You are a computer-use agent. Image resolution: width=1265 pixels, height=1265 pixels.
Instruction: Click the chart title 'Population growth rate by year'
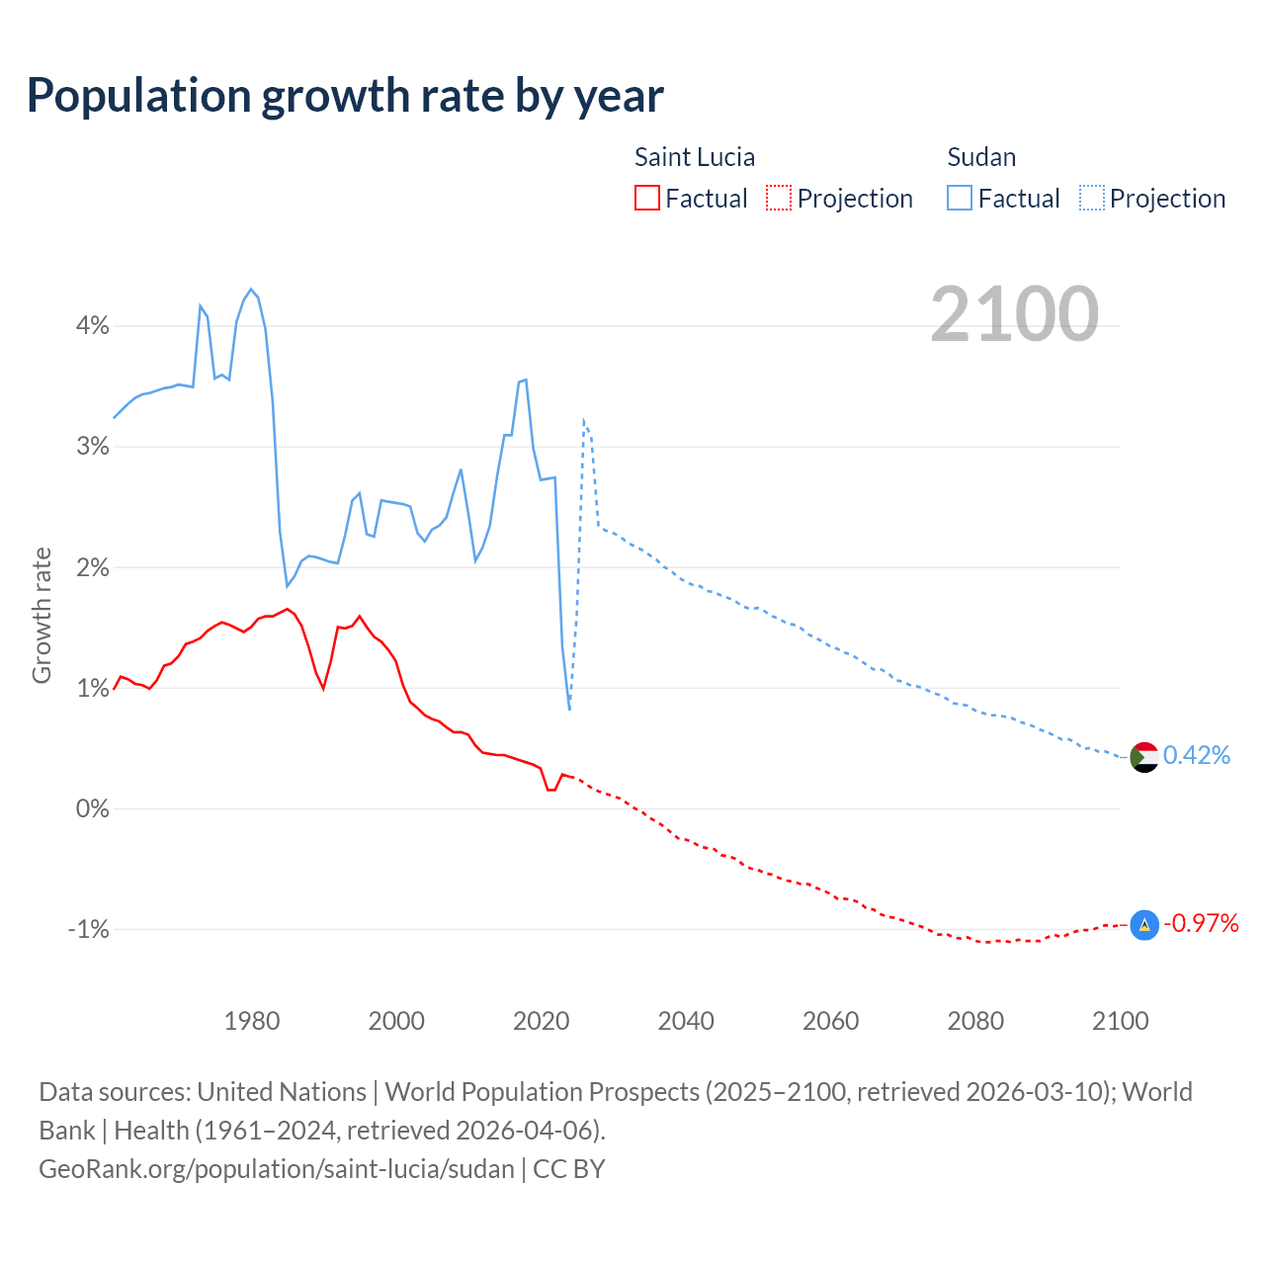pyautogui.click(x=345, y=96)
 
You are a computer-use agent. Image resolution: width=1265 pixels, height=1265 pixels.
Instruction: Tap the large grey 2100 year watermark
pyautogui.click(x=1014, y=314)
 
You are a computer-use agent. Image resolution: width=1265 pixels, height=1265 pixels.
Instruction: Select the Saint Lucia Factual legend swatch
pyautogui.click(x=646, y=198)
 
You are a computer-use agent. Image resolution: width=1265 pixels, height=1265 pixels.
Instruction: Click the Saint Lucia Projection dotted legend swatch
pyautogui.click(x=779, y=198)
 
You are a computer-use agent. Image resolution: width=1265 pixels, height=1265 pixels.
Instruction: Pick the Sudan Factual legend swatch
pyautogui.click(x=959, y=198)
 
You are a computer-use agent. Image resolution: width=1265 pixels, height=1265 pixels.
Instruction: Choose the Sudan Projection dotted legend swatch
pyautogui.click(x=1091, y=198)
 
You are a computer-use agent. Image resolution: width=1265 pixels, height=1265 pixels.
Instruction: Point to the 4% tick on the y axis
pyautogui.click(x=92, y=325)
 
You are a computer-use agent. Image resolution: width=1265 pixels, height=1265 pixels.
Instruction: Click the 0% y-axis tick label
pyautogui.click(x=92, y=808)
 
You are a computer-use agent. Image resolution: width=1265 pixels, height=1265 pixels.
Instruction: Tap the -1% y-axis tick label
pyautogui.click(x=88, y=929)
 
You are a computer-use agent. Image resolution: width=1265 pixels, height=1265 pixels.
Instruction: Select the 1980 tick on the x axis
pyautogui.click(x=252, y=1021)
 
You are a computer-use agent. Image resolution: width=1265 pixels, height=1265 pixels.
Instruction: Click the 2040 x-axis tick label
pyautogui.click(x=686, y=1021)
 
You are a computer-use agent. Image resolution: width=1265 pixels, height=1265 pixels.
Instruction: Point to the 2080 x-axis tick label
pyautogui.click(x=975, y=1021)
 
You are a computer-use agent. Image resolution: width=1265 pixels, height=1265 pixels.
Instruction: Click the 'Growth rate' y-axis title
pyautogui.click(x=42, y=615)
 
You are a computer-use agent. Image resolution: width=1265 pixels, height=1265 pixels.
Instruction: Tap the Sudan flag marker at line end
pyautogui.click(x=1143, y=757)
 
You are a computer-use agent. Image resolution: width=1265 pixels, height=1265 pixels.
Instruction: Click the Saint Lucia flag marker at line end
pyautogui.click(x=1143, y=925)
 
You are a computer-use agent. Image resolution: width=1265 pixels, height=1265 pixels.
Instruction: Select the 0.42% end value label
pyautogui.click(x=1197, y=756)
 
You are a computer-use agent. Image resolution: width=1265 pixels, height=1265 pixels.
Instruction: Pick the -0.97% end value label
pyautogui.click(x=1201, y=924)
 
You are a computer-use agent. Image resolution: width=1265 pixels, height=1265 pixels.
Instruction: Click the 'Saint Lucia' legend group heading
pyautogui.click(x=694, y=157)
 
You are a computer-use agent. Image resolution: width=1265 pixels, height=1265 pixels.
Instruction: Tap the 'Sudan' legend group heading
pyautogui.click(x=981, y=157)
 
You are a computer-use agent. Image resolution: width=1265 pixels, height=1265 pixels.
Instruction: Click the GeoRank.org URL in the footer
pyautogui.click(x=277, y=1169)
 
